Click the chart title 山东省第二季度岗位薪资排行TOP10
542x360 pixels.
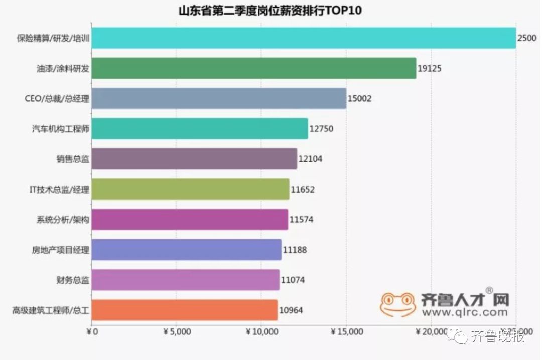point(270,11)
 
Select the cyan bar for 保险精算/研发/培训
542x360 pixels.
point(304,38)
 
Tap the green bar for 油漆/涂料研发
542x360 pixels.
point(254,68)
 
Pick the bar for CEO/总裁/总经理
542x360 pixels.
point(219,99)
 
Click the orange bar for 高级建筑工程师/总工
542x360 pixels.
point(185,310)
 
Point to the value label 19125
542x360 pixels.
point(430,69)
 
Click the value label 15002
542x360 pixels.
point(360,99)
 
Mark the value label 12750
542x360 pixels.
point(321,129)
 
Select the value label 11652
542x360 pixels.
point(303,190)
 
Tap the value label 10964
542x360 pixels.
point(291,310)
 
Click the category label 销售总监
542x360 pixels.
point(73,159)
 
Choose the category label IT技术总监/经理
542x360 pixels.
point(59,190)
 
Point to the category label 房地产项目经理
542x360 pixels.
point(60,250)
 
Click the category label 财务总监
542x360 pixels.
point(73,280)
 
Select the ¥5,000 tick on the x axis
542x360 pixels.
point(177,332)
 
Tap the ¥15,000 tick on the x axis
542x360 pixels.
point(347,332)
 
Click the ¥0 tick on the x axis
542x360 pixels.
point(92,332)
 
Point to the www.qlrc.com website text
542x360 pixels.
point(465,312)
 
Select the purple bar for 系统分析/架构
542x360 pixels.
point(190,220)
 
